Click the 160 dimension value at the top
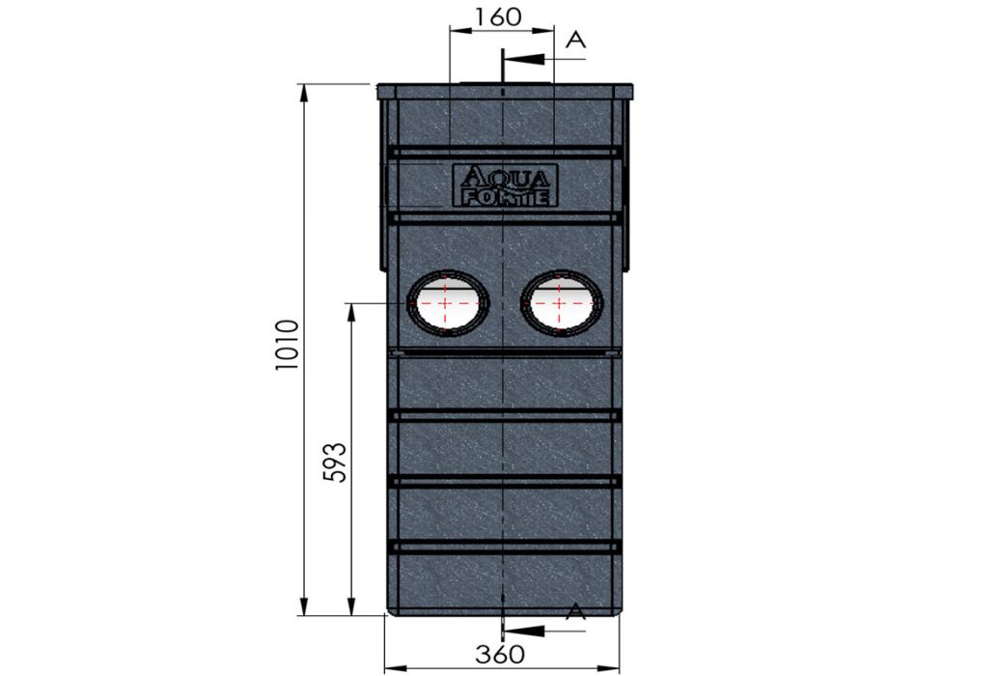(498, 17)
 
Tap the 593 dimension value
(337, 463)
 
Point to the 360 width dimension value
(501, 654)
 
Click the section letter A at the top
(575, 40)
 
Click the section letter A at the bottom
(575, 610)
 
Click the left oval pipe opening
(448, 302)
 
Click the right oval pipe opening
(562, 302)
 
